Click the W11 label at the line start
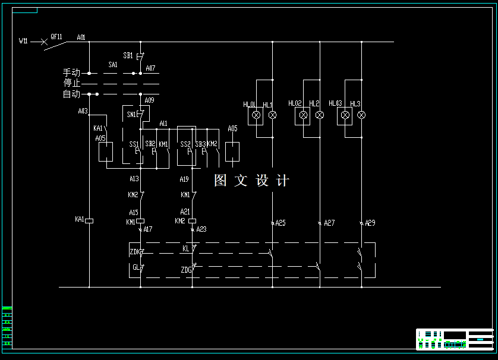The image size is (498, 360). tap(23, 41)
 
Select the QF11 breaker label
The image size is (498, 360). tap(56, 36)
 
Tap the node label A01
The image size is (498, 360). tap(81, 37)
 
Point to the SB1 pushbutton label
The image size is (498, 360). tap(128, 55)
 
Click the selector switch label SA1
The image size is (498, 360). tap(113, 64)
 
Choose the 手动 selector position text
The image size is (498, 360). tap(71, 72)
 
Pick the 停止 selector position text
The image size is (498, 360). tap(71, 83)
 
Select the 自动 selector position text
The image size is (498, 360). tap(71, 94)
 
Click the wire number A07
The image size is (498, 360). tap(150, 68)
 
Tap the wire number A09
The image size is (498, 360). tap(149, 100)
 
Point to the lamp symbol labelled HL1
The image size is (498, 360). tap(272, 115)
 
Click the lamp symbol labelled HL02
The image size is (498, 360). tap(303, 115)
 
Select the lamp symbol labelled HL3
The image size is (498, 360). tap(361, 115)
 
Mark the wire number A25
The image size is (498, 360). tap(280, 223)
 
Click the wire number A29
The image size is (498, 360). tap(370, 223)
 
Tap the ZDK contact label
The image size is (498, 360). tap(135, 252)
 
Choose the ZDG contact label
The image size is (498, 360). tap(186, 270)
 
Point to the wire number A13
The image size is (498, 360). tap(134, 179)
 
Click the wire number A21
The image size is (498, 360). tap(185, 212)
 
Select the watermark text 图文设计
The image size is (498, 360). tap(252, 181)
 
